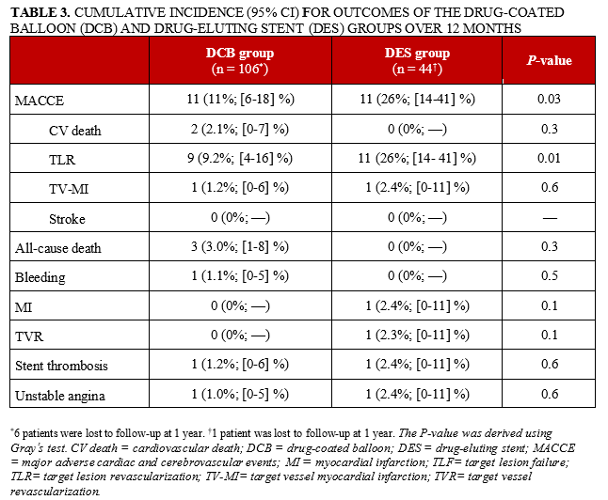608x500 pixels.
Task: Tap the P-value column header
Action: coord(549,61)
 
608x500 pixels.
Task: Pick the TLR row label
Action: coord(63,159)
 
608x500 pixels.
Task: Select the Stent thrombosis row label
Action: coord(58,364)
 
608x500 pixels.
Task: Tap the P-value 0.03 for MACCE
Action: coord(549,99)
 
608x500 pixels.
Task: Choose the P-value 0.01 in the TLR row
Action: coord(549,159)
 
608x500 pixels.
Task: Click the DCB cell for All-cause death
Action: coord(240,249)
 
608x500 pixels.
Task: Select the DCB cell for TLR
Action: coord(240,159)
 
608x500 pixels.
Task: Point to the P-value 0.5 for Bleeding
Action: coord(549,277)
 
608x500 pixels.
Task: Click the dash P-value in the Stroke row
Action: coord(549,219)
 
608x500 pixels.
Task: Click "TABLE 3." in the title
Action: coord(40,11)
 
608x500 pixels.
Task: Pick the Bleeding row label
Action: coord(40,277)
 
